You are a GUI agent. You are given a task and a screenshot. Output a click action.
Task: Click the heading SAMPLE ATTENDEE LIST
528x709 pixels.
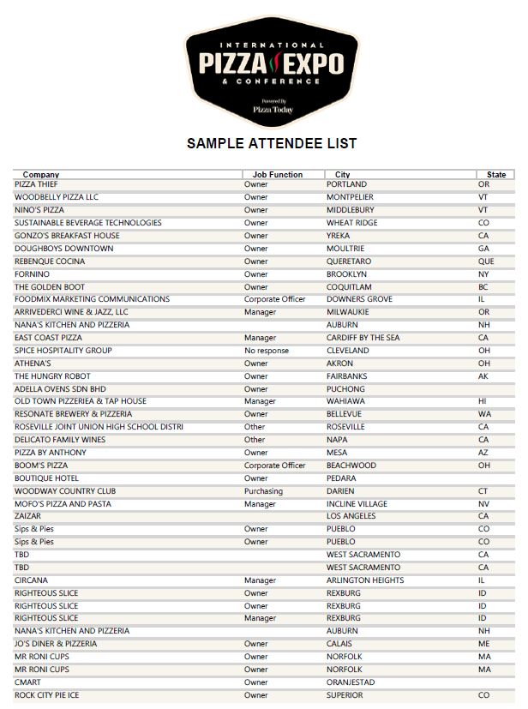click(x=272, y=143)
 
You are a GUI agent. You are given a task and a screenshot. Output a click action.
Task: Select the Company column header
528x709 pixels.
click(x=41, y=175)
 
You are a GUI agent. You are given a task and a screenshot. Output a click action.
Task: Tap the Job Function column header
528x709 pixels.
click(x=277, y=175)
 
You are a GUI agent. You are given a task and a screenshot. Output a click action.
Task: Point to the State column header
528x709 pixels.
click(x=496, y=175)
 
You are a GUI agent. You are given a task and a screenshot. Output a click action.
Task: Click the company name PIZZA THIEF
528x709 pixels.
click(x=36, y=184)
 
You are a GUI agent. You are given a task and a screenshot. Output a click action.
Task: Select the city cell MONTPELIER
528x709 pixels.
click(x=350, y=197)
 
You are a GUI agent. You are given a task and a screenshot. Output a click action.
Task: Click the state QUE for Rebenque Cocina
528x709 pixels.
click(x=486, y=261)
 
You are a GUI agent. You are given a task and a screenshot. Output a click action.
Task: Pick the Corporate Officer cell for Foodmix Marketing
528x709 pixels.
click(x=274, y=299)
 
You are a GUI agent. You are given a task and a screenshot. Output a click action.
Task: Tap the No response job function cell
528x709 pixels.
click(x=267, y=351)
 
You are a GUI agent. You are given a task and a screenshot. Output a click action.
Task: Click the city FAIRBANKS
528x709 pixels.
click(x=346, y=376)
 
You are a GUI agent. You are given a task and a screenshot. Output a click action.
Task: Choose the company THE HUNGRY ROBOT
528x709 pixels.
click(x=52, y=376)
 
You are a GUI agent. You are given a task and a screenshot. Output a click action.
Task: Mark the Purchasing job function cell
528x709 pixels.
click(x=263, y=491)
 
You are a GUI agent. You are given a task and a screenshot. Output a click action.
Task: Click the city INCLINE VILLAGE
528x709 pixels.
click(x=357, y=504)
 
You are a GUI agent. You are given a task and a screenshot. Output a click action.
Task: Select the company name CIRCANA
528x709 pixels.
click(x=31, y=580)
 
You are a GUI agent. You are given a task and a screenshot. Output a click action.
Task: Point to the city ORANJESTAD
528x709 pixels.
click(x=351, y=682)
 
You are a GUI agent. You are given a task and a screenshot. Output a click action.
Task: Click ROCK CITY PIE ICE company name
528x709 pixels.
click(x=47, y=695)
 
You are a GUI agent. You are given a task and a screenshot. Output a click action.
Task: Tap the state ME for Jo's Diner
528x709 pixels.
click(x=484, y=644)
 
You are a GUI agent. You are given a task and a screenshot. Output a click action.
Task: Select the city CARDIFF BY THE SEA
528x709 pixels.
click(x=363, y=338)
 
